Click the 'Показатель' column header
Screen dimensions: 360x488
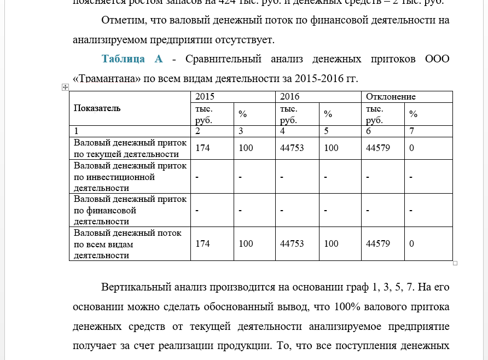tap(97, 108)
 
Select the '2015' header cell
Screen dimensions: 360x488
tap(205, 97)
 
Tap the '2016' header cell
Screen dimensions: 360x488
tap(290, 97)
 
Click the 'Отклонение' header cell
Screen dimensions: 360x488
tap(391, 97)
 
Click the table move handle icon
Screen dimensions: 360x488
tap(65, 87)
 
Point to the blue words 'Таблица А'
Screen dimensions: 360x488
tap(132, 59)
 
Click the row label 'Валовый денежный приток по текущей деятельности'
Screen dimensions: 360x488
tap(130, 148)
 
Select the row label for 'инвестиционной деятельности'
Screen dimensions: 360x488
tap(130, 177)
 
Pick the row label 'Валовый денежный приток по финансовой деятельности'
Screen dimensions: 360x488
tap(130, 210)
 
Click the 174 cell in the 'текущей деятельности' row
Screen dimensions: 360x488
tap(202, 148)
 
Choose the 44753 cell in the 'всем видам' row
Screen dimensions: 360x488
tap(292, 244)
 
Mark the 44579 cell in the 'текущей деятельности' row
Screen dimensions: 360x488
tap(377, 148)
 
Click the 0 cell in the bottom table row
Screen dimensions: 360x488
tap(411, 244)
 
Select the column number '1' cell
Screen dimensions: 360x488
tap(76, 131)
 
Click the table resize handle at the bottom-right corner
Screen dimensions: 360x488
tap(455, 263)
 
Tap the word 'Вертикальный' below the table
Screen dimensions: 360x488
tap(136, 287)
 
